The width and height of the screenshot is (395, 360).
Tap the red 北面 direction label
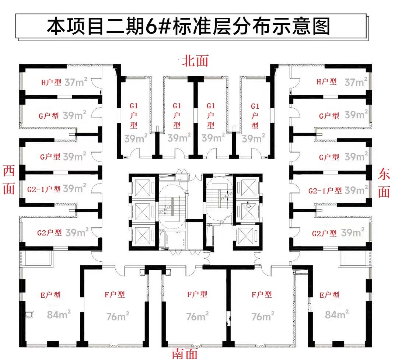(x=195, y=61)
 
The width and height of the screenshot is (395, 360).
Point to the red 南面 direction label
(x=185, y=353)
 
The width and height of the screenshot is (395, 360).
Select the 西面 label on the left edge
(x=9, y=179)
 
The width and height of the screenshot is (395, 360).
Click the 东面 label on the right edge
(x=384, y=183)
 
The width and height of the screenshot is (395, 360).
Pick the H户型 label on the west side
(x=51, y=82)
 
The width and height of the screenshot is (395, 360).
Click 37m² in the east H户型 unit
(x=356, y=82)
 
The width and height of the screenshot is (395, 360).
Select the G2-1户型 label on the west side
(x=44, y=189)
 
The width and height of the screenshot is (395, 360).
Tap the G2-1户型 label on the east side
(x=325, y=191)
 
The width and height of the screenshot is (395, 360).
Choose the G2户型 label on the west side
(x=49, y=233)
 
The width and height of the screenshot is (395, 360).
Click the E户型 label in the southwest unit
(x=50, y=295)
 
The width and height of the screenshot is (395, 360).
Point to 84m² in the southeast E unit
(x=337, y=314)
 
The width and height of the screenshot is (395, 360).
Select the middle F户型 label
(x=197, y=294)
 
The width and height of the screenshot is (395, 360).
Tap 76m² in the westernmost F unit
(x=118, y=316)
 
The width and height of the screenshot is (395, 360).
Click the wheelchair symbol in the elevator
(x=249, y=205)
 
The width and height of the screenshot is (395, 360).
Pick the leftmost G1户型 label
(x=134, y=116)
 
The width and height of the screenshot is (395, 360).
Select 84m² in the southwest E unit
(x=59, y=314)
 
